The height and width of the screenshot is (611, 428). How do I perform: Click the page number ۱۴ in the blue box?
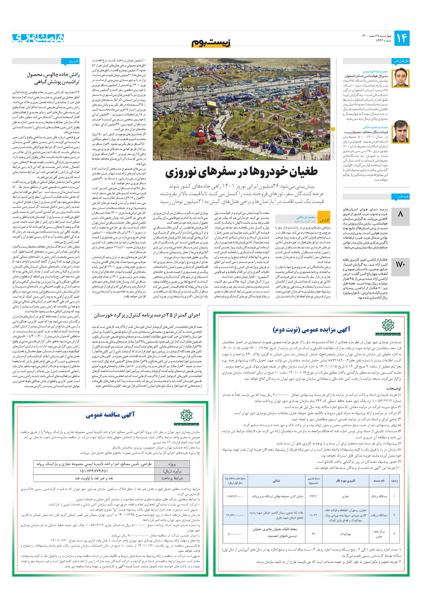pos(401,38)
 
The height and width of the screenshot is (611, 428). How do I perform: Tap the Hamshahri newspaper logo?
pos(38,38)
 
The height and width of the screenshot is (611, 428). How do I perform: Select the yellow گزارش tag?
pos(324,220)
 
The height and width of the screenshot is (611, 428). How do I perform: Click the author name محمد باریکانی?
pos(306,217)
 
